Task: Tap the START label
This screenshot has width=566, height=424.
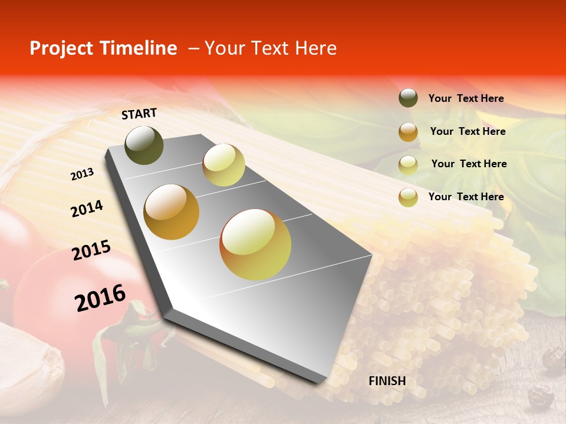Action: tap(139, 114)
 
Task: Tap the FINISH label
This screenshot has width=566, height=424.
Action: tap(387, 381)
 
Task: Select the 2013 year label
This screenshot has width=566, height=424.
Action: tap(83, 174)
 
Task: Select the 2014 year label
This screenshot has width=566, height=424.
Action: tap(87, 209)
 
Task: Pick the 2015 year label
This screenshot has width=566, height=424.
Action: tap(91, 250)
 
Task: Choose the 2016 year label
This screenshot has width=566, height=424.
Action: tap(100, 297)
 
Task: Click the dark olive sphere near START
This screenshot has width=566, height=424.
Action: tap(144, 145)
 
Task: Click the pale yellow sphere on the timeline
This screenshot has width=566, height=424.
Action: tap(223, 165)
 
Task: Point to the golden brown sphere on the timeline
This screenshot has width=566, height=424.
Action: tap(171, 212)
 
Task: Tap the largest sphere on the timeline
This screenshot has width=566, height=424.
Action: tap(255, 244)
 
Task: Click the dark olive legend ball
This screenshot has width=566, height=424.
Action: tap(408, 98)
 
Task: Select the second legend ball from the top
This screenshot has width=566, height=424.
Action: tap(408, 132)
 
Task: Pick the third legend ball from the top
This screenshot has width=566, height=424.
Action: tap(408, 165)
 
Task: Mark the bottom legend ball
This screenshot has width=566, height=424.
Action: tap(408, 197)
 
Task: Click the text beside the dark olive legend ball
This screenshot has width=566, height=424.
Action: tap(466, 99)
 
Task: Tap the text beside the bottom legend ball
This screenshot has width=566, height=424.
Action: tap(466, 197)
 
